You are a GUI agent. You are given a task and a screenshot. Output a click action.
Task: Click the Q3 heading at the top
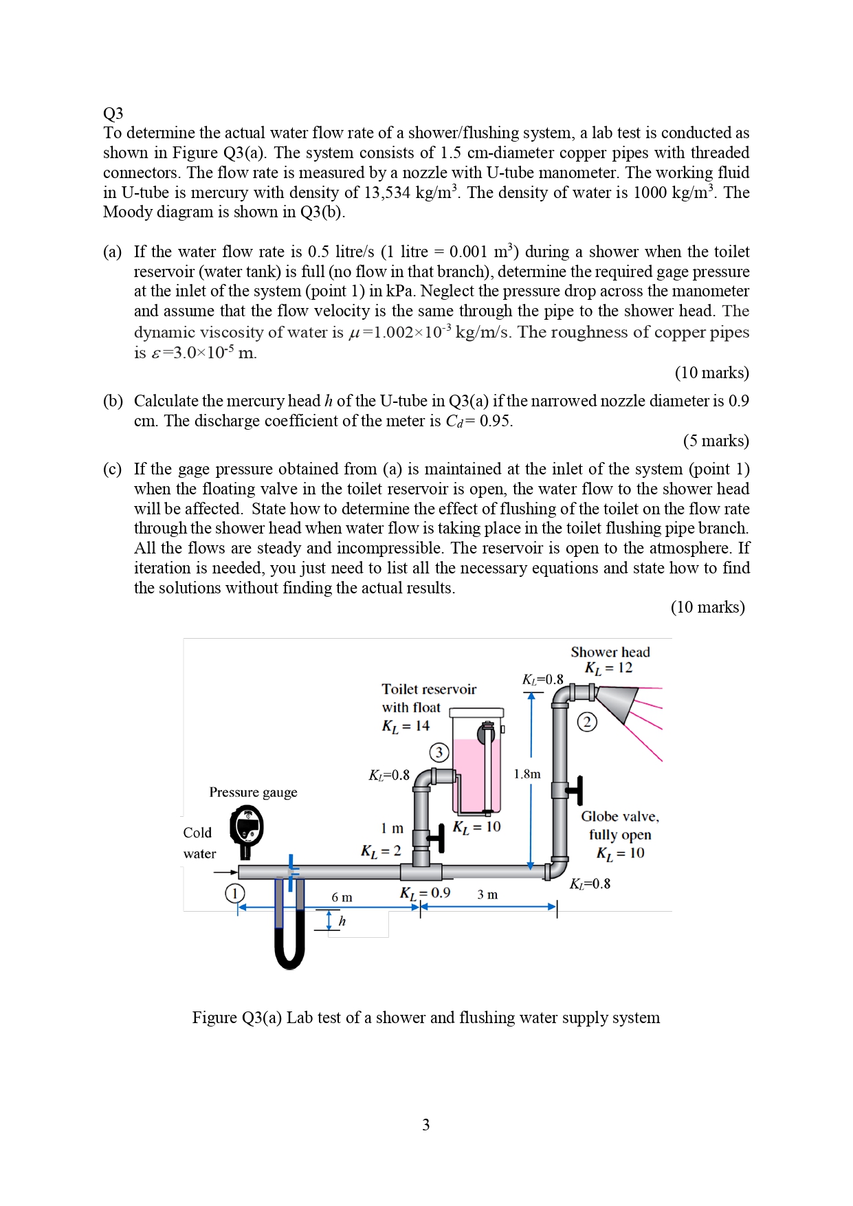click(113, 113)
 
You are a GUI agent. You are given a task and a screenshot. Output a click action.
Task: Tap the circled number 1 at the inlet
click(234, 893)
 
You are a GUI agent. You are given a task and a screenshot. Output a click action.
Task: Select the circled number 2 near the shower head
click(586, 722)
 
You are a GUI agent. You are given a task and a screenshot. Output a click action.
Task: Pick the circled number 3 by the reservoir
click(439, 752)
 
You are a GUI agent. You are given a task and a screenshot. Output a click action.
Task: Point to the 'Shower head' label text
click(610, 652)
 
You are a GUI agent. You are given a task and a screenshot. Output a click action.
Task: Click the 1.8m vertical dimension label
click(527, 774)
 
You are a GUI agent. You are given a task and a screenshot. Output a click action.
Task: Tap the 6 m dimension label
click(342, 897)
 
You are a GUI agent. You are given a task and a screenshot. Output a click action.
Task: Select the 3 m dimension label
click(487, 895)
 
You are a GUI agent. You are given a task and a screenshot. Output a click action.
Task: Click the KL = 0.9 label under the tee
click(425, 893)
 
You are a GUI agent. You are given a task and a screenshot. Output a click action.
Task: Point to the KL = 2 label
click(381, 851)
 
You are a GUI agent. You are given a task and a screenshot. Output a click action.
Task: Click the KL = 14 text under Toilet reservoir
click(406, 726)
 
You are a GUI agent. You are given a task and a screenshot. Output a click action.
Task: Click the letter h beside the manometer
click(342, 921)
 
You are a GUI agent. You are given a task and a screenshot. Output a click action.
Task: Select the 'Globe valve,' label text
click(619, 817)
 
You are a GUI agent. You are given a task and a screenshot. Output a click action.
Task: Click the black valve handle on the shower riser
click(579, 790)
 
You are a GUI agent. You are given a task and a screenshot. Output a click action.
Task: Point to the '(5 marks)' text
click(716, 441)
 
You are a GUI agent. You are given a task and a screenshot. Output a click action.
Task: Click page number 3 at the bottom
click(425, 1125)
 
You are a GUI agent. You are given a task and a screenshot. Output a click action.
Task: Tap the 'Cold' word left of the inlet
click(197, 833)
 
